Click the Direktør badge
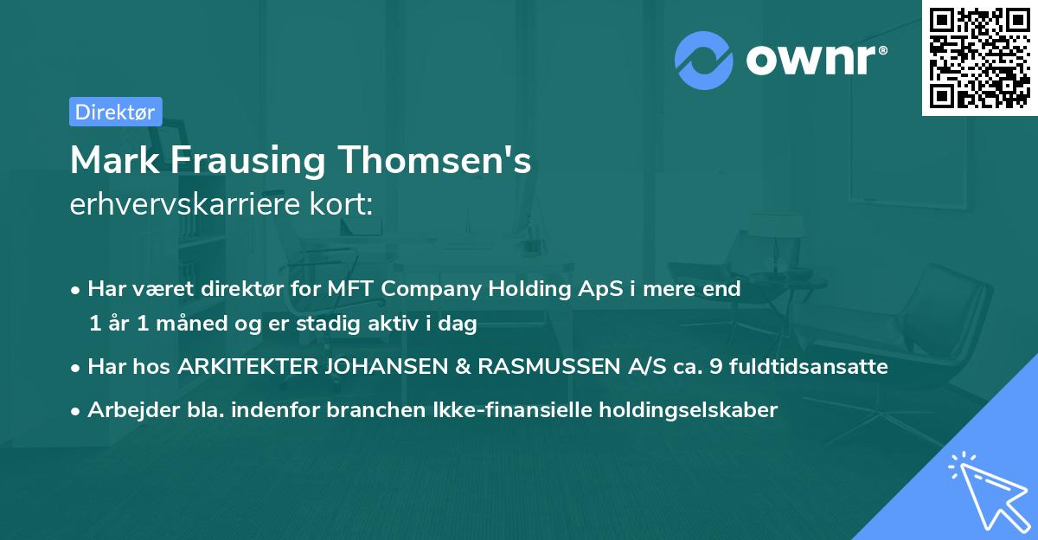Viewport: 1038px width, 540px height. click(115, 112)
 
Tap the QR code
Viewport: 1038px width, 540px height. click(980, 58)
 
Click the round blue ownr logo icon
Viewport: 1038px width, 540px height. click(704, 61)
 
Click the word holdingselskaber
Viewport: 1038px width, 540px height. click(685, 410)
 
